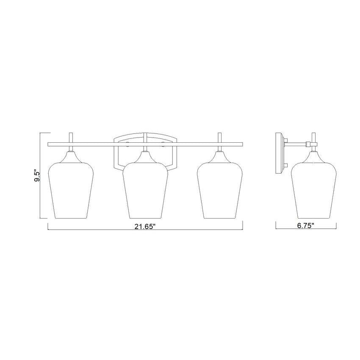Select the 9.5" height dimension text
click(x=38, y=176)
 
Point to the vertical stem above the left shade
click(x=71, y=138)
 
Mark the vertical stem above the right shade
click(x=220, y=138)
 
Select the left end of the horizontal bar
click(x=49, y=144)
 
